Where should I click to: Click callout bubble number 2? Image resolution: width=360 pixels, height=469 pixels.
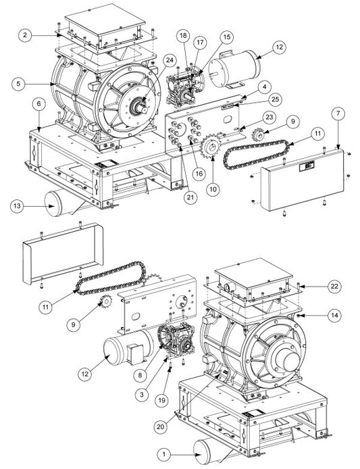click(x=25, y=35)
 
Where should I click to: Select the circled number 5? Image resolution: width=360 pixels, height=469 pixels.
click(x=19, y=84)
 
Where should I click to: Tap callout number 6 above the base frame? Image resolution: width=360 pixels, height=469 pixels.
click(x=39, y=104)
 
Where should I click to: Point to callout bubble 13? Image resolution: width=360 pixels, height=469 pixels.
click(x=17, y=206)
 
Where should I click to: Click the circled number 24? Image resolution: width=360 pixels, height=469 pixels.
click(x=170, y=60)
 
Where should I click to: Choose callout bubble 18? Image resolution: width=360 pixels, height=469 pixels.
click(x=183, y=36)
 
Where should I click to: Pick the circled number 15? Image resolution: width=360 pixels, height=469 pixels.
click(x=227, y=36)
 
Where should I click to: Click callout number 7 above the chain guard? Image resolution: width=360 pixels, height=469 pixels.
click(x=338, y=114)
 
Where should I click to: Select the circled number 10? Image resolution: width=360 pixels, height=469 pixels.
click(x=213, y=190)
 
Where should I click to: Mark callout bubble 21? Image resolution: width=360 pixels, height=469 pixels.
click(x=190, y=197)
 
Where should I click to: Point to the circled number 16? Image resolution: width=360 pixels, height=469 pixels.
click(x=199, y=174)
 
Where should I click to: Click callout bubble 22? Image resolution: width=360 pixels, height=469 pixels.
click(x=334, y=287)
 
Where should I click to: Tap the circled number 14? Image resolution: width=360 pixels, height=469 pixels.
click(x=334, y=316)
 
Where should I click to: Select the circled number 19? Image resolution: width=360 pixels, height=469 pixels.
click(x=161, y=401)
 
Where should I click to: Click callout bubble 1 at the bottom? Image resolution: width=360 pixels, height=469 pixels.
click(x=164, y=455)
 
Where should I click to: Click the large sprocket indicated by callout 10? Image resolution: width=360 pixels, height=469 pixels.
click(x=211, y=146)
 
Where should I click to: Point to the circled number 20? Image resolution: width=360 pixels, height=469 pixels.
click(x=161, y=426)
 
